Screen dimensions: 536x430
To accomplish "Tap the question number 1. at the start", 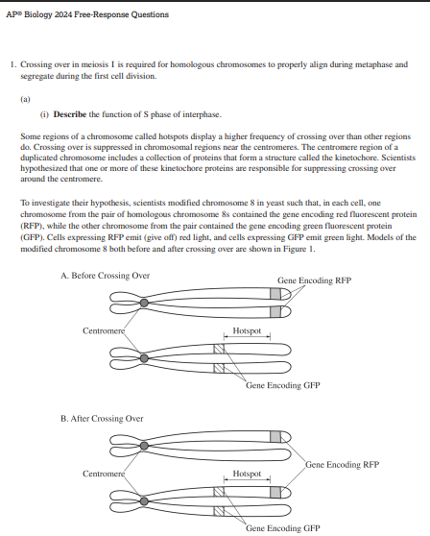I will click(12, 64).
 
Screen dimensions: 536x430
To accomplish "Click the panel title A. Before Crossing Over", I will click(104, 276).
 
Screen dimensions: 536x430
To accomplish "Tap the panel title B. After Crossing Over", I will click(102, 418).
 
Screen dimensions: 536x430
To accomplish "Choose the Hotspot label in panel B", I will click(248, 474).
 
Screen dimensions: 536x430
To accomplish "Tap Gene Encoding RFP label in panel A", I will click(313, 281).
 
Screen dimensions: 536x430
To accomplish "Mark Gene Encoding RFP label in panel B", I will click(342, 465).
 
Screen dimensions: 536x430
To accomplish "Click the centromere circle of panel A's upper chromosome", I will click(144, 303).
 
